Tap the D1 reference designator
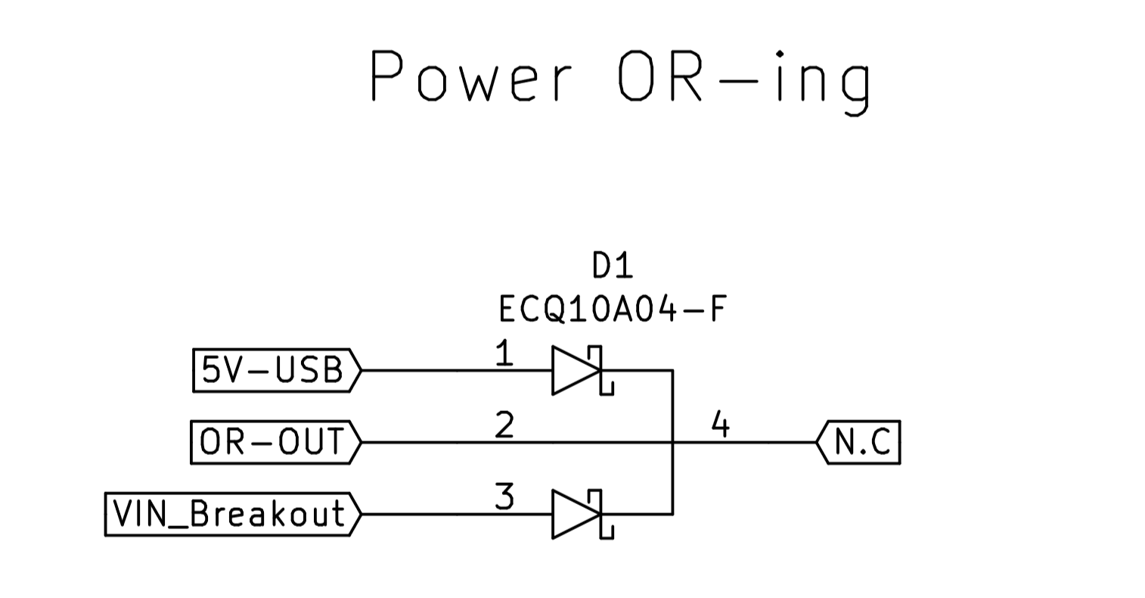tap(613, 266)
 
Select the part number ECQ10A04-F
tap(613, 309)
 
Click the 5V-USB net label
tap(272, 370)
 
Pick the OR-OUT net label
tap(272, 442)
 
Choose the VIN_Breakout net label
tap(228, 514)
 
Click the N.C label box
tap(861, 442)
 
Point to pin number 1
tap(504, 354)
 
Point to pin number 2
tap(504, 425)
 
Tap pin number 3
tap(504, 497)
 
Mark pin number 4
tap(721, 425)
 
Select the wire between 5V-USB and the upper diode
tap(454, 371)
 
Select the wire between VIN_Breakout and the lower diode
tap(454, 515)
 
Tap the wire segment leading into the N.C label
tap(756, 442)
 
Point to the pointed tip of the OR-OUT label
tap(360, 442)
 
